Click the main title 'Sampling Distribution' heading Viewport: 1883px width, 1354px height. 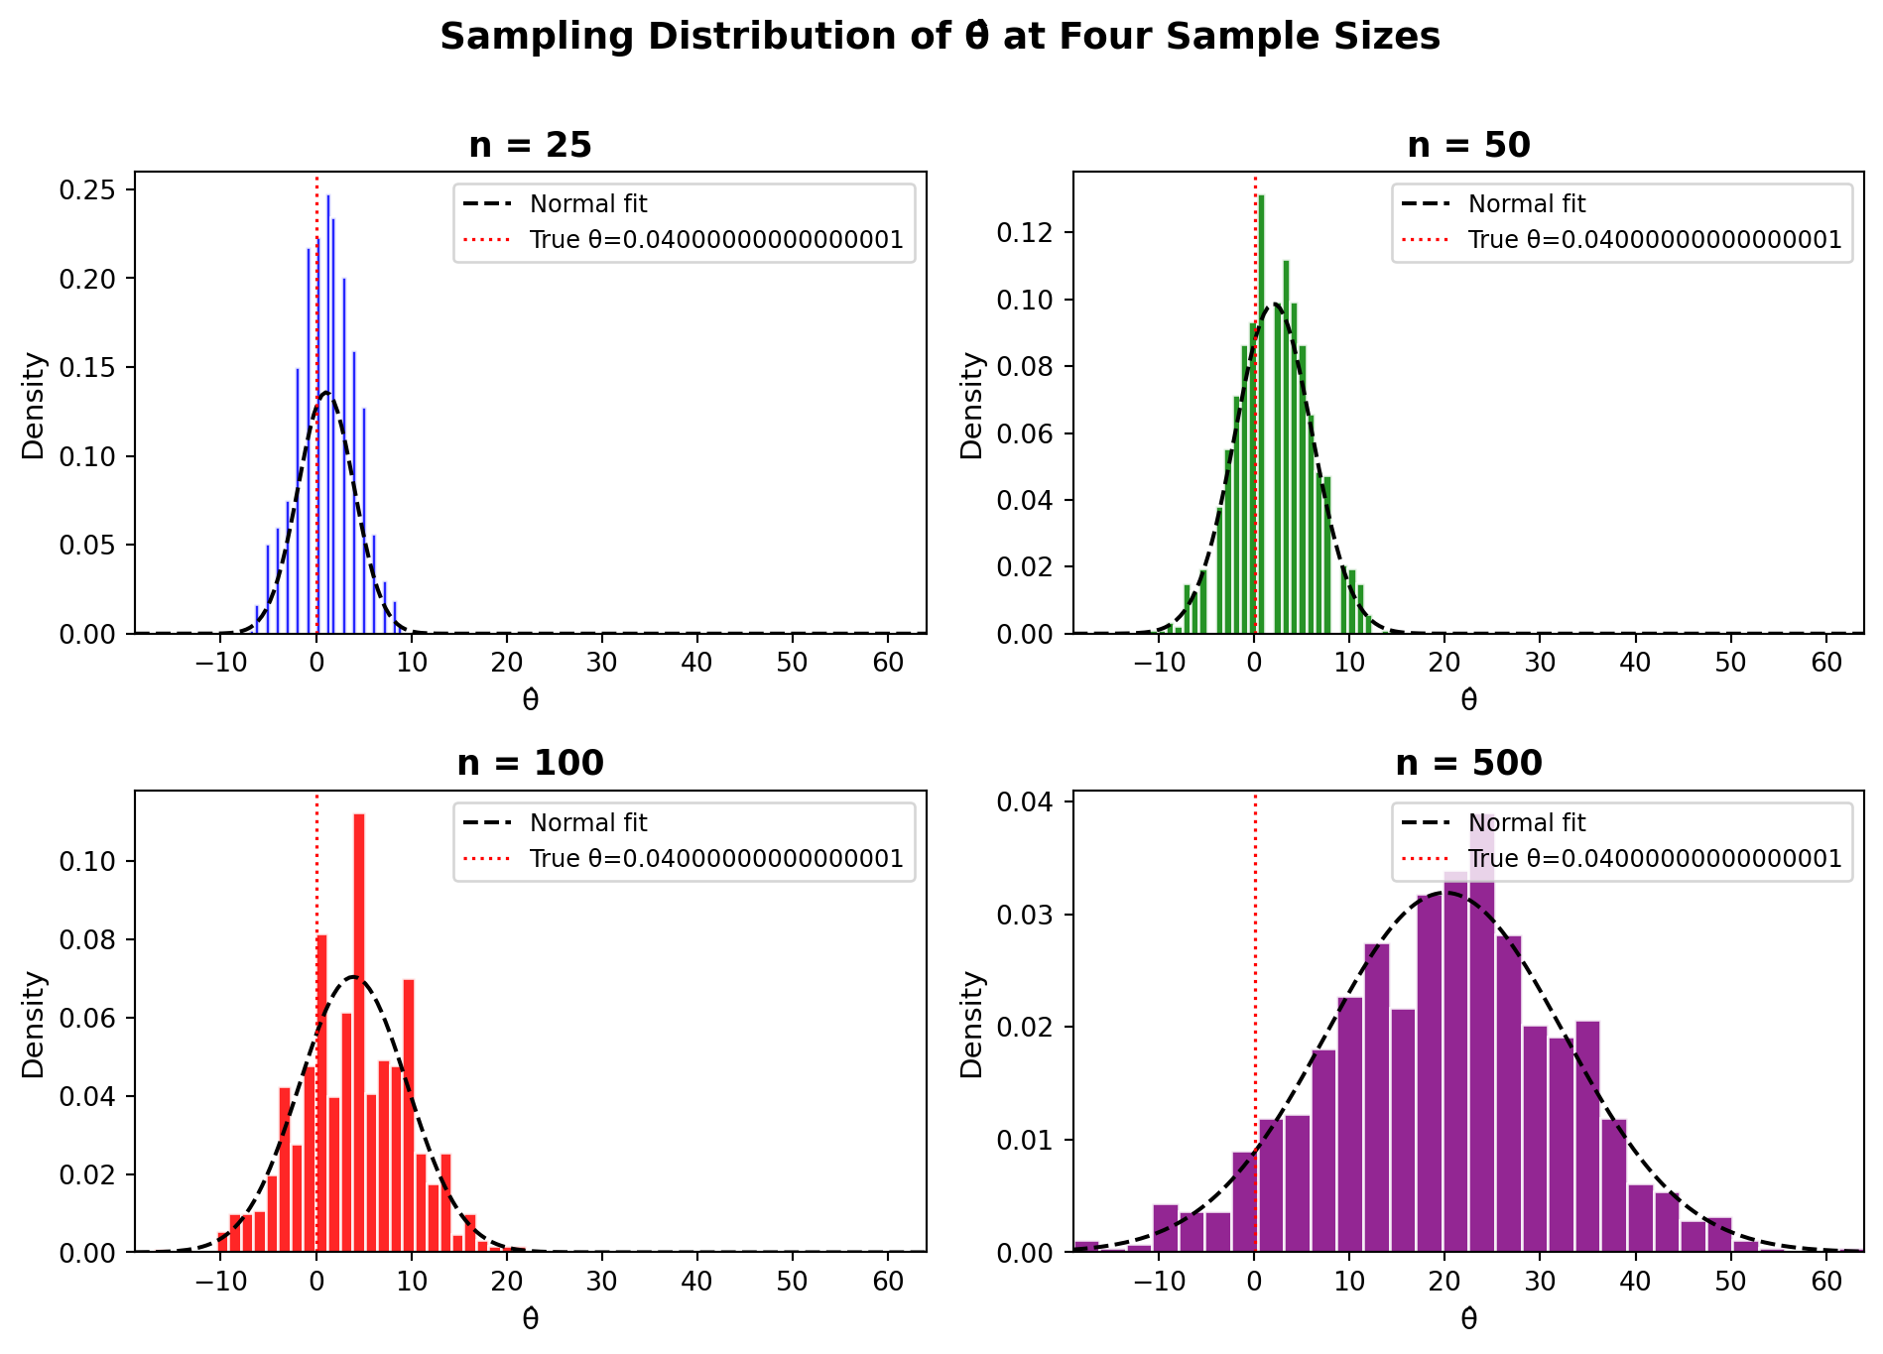point(940,38)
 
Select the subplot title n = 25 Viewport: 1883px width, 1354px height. point(530,146)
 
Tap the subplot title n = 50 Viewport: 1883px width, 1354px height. point(1468,146)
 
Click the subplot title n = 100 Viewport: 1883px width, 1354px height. point(530,764)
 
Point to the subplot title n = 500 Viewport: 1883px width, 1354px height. point(1468,764)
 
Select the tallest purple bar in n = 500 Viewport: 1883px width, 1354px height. point(1482,1032)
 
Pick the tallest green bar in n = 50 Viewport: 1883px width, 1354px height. point(1261,417)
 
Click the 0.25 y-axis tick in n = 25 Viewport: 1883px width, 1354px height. point(86,189)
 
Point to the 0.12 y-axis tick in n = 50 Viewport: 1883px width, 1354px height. point(1025,233)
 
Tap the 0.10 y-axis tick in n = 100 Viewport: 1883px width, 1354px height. point(86,861)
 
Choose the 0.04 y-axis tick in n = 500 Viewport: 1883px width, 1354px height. point(1025,801)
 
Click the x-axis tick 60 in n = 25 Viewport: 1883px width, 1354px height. point(888,663)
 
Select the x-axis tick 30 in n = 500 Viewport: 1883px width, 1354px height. point(1540,1281)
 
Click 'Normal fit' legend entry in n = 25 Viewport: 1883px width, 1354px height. point(588,204)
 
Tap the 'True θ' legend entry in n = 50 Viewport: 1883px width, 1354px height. point(1655,240)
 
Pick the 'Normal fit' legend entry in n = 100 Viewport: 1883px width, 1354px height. point(588,823)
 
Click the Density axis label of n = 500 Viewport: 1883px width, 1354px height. point(972,1024)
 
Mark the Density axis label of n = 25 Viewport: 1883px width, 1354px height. point(34,405)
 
